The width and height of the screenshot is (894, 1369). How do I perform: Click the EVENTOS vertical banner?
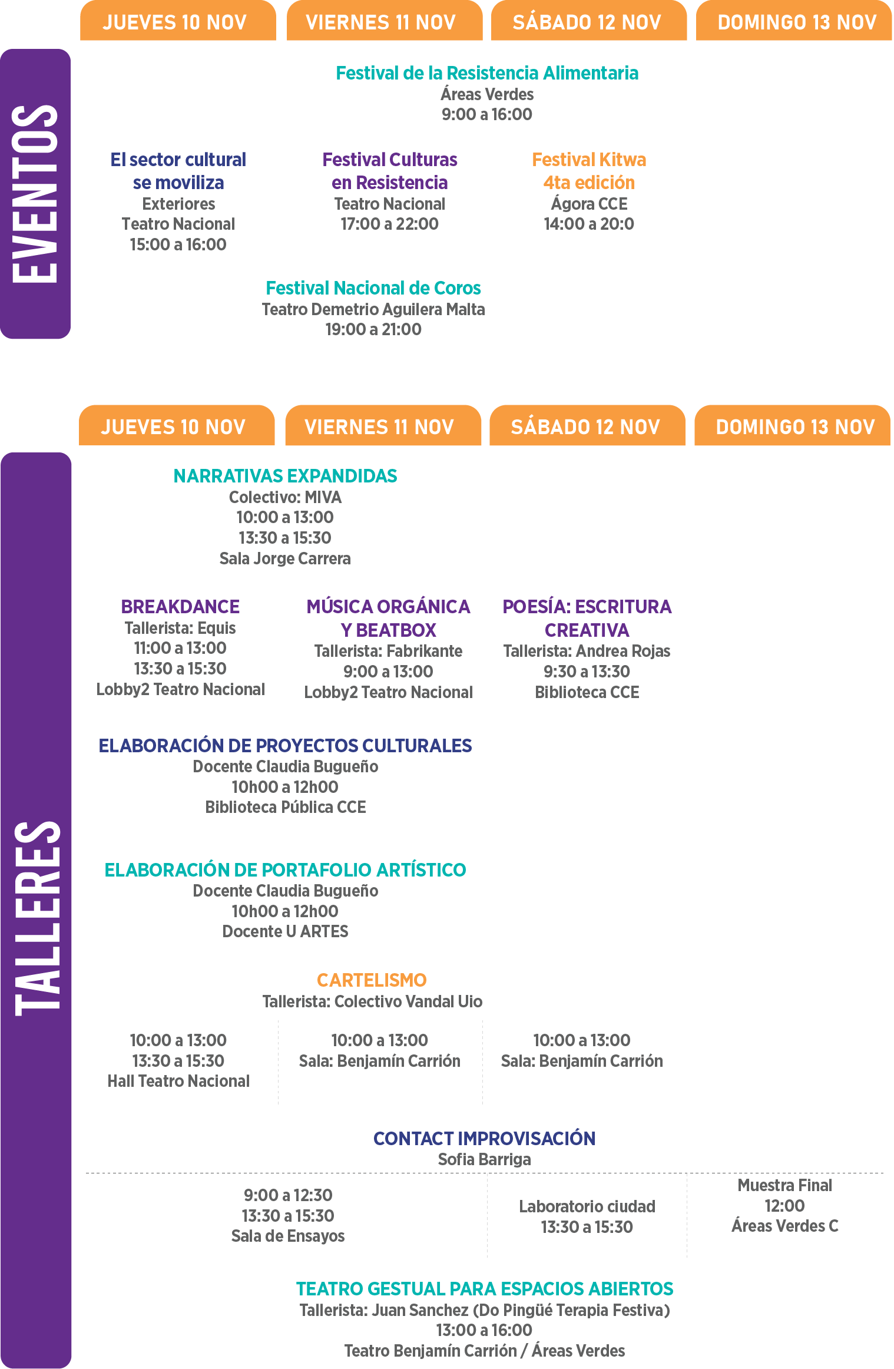35,194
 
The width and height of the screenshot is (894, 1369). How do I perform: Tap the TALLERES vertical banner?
36,910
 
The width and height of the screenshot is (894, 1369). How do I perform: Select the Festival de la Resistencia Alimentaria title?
487,73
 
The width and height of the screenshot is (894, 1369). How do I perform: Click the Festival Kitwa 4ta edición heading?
589,171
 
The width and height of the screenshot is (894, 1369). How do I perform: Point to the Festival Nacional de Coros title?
373,288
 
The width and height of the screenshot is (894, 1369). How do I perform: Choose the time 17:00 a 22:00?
389,224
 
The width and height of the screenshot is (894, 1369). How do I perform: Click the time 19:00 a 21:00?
373,329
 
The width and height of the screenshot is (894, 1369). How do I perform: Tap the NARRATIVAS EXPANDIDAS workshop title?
285,476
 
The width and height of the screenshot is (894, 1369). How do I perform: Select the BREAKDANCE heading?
180,607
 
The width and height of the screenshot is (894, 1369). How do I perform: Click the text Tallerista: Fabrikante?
388,651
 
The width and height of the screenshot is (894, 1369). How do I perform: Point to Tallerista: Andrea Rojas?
587,651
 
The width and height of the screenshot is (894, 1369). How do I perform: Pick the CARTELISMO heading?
372,980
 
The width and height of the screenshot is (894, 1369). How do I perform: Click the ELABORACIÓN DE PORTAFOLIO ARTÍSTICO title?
285,870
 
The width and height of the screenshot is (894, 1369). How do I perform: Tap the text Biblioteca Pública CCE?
286,807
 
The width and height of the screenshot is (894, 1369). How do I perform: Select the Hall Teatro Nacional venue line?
178,1081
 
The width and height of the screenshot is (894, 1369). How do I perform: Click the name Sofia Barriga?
484,1159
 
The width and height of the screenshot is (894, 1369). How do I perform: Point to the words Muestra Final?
785,1185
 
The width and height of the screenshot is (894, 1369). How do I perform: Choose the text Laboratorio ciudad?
587,1206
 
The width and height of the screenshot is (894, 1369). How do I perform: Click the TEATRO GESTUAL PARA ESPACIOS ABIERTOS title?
485,1289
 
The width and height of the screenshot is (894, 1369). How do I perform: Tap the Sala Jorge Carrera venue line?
285,558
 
